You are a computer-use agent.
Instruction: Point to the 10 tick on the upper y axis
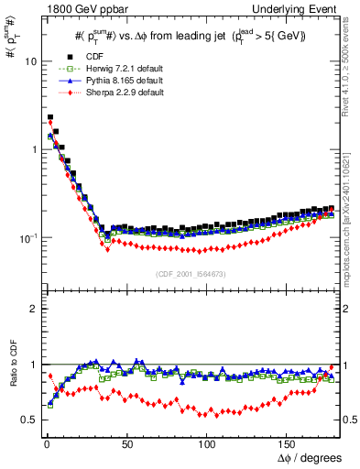(x=29, y=61)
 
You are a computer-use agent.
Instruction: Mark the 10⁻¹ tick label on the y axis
(x=27, y=238)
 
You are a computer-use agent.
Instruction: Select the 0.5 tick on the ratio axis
(x=27, y=420)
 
